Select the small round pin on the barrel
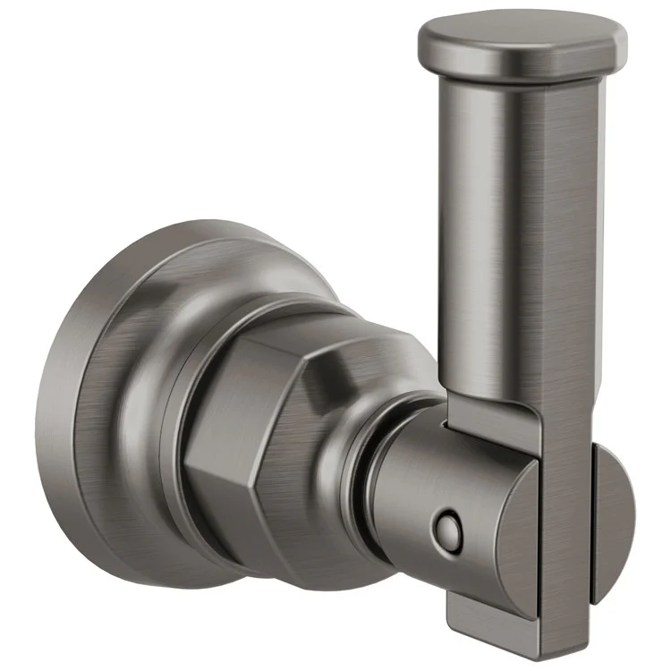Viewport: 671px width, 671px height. click(445, 534)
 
